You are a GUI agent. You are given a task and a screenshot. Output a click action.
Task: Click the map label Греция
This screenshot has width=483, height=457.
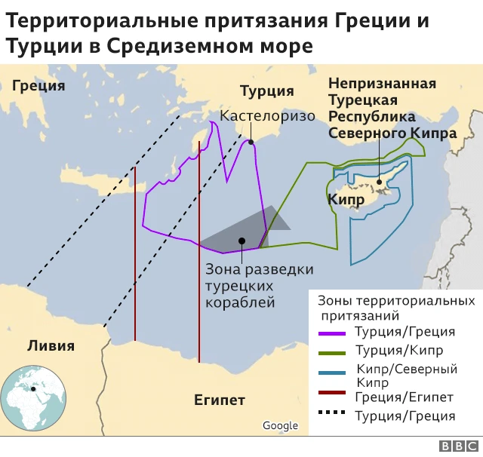coord(38,85)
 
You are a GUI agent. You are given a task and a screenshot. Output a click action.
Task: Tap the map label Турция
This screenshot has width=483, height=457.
coord(266,91)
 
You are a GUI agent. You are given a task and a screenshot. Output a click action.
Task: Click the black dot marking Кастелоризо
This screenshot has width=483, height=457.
coord(251,140)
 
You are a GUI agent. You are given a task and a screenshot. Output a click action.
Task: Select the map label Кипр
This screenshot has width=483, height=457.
coord(346,199)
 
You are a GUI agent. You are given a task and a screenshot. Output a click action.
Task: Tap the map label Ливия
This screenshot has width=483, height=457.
coord(51,346)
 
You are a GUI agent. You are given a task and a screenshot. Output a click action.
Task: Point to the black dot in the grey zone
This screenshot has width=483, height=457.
coord(241,241)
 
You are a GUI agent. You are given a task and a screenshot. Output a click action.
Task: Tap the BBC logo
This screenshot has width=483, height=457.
coord(454,446)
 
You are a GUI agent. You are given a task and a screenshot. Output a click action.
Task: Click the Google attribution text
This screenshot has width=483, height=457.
coord(280,426)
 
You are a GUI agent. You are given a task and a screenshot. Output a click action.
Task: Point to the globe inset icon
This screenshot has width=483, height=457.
coord(29,395)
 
